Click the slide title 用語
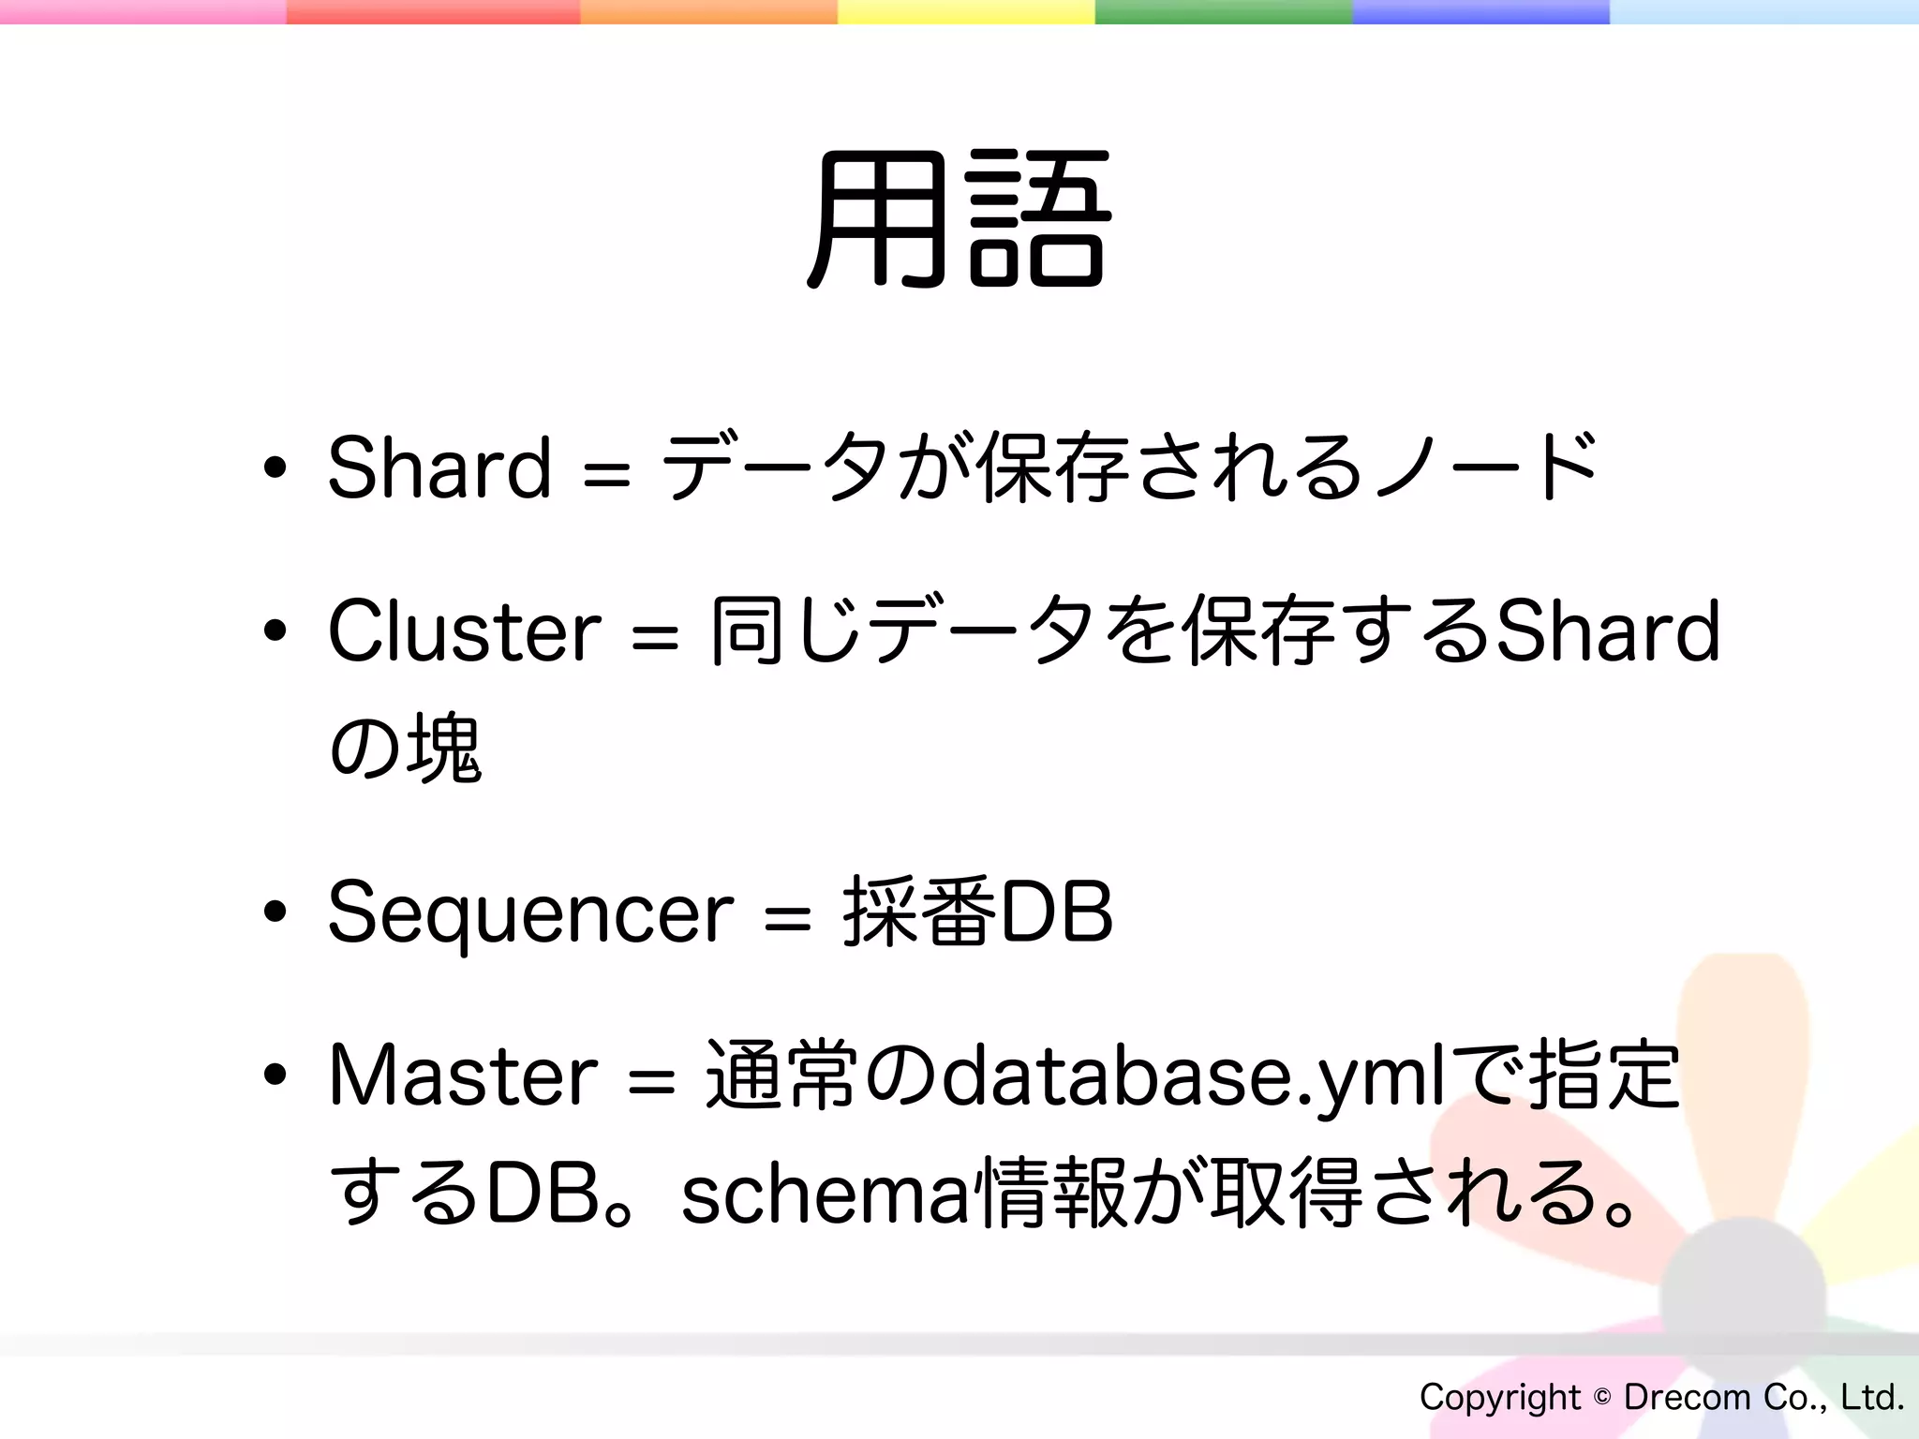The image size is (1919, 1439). click(959, 220)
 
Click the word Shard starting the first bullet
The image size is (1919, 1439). click(439, 467)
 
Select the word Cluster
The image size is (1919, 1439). click(464, 630)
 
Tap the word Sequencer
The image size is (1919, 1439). click(530, 913)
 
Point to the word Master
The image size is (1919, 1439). click(463, 1076)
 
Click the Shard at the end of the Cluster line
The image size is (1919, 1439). click(1608, 630)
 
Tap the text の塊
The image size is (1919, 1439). click(405, 748)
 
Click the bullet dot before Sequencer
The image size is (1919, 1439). click(275, 912)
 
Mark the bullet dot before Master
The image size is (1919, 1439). click(275, 1076)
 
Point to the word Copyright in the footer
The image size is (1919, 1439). click(1499, 1397)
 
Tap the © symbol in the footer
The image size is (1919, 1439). click(1602, 1397)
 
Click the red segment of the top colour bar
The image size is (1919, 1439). click(433, 11)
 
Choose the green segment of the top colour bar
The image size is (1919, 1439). click(1223, 11)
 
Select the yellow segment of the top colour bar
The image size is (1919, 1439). click(965, 11)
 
